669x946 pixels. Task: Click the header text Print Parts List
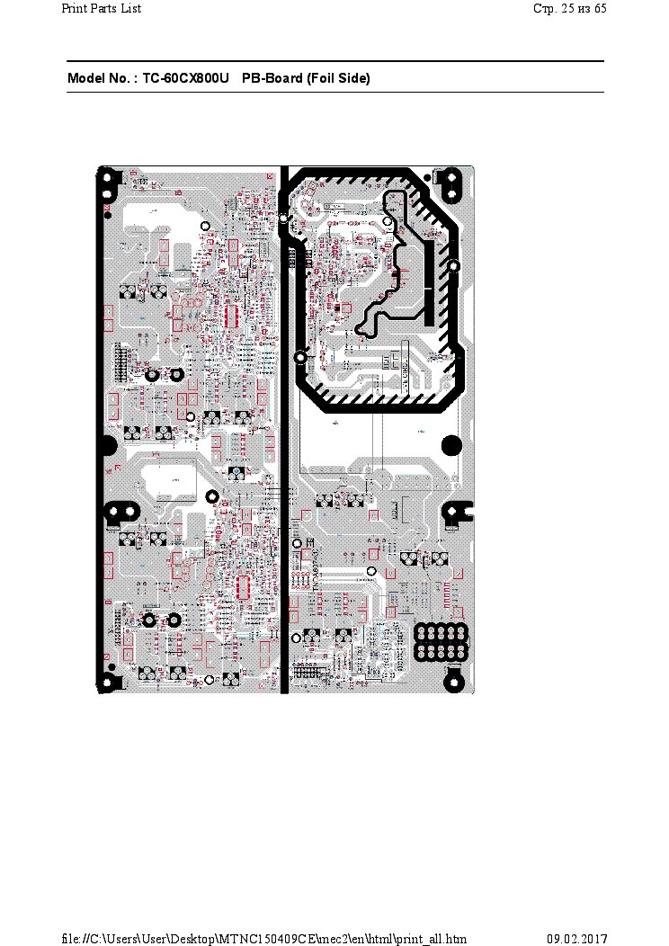[x=101, y=9]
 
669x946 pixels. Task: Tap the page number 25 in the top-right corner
[x=567, y=9]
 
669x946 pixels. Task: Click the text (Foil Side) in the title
[x=338, y=79]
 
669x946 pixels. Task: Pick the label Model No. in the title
[x=102, y=79]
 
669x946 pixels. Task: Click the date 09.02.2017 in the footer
[x=577, y=939]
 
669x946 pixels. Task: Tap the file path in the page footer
[x=263, y=939]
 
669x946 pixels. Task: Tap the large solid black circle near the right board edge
[x=452, y=444]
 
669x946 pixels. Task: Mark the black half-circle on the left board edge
[x=105, y=444]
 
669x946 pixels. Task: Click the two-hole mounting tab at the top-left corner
[x=107, y=184]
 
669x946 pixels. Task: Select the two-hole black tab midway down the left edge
[x=114, y=513]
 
